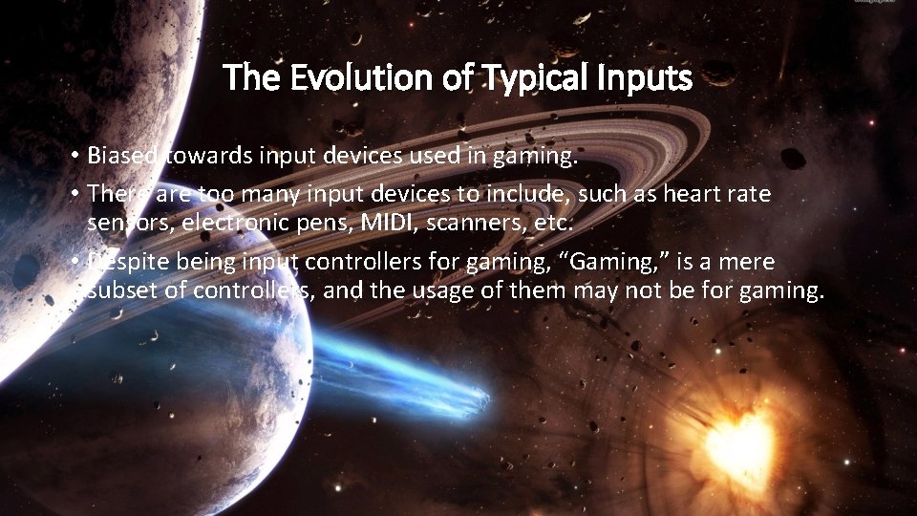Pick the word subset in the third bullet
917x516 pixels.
[118, 290]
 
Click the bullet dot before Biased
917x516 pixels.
[74, 157]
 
